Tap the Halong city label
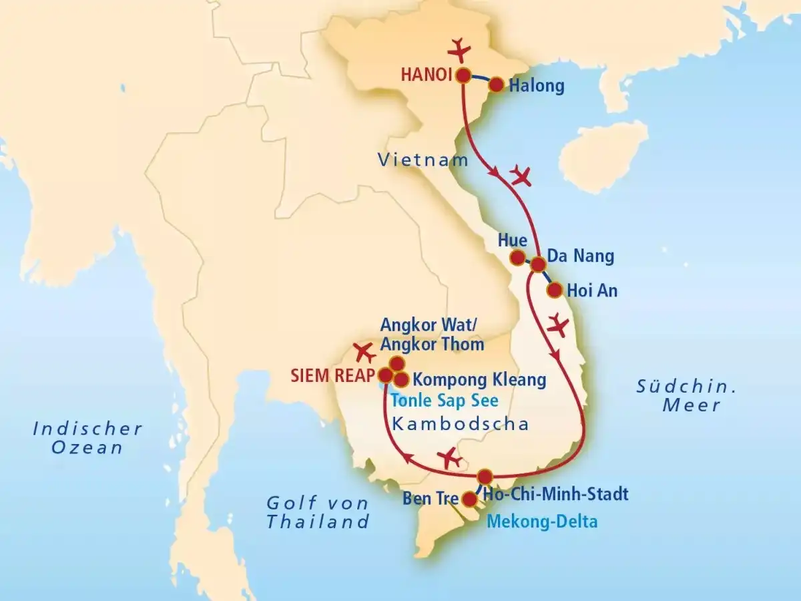(x=536, y=85)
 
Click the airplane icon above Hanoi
(x=459, y=49)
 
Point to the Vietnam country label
(x=423, y=160)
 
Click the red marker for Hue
(x=517, y=257)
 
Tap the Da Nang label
(x=580, y=256)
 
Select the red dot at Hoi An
(x=554, y=290)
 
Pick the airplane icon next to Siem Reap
(x=364, y=351)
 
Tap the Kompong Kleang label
(x=479, y=381)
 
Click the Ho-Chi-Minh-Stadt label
(x=555, y=495)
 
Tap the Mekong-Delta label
(x=541, y=522)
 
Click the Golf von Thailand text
(x=318, y=512)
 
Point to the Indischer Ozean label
(x=88, y=437)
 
